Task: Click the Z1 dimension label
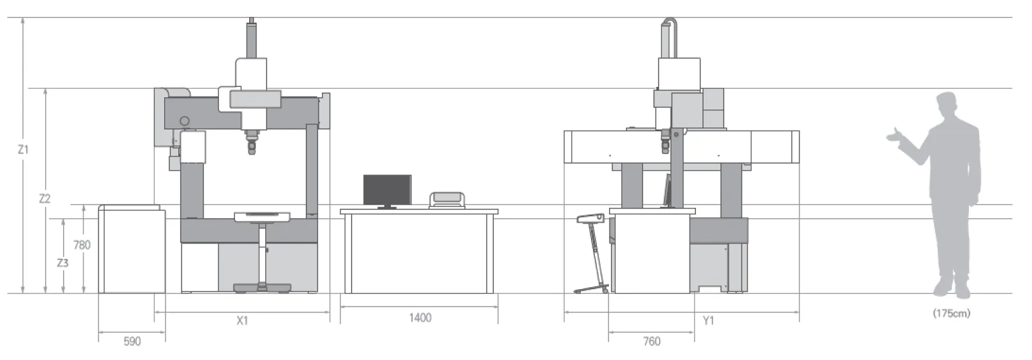point(23,149)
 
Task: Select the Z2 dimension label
point(44,199)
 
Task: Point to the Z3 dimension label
point(62,263)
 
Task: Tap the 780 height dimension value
point(82,245)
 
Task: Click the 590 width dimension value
point(132,341)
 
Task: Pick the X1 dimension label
point(242,320)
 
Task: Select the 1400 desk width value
point(420,317)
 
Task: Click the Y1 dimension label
point(708,320)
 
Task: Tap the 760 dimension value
point(652,341)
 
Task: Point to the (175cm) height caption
point(951,314)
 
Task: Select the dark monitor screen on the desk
point(387,190)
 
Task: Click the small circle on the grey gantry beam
point(185,121)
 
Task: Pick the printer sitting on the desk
point(447,200)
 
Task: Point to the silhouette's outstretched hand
point(892,136)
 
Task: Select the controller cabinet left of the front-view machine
point(131,249)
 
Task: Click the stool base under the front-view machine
point(262,288)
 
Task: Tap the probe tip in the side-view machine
point(665,150)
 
